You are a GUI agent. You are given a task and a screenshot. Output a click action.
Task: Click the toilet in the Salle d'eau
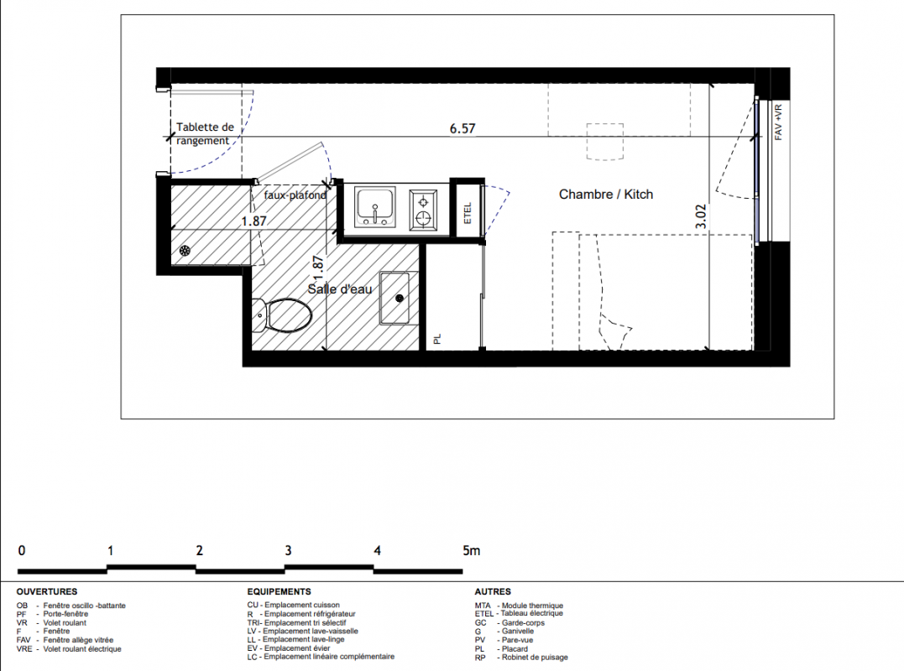click(x=282, y=315)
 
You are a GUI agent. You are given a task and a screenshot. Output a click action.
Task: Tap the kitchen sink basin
click(x=375, y=206)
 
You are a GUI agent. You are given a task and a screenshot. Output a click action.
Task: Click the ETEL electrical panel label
click(x=468, y=212)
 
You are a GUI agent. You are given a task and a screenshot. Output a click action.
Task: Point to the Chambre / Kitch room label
click(x=606, y=194)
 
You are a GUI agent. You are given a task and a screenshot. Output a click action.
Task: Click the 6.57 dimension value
click(x=462, y=128)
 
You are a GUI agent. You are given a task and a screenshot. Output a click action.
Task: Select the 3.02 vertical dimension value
click(x=701, y=216)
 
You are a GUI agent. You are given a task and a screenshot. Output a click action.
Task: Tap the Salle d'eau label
click(x=340, y=289)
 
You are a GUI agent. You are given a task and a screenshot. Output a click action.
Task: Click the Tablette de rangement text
click(x=205, y=133)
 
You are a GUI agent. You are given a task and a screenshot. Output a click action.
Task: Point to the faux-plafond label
click(x=295, y=195)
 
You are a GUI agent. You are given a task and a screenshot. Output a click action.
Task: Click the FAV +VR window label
click(x=778, y=122)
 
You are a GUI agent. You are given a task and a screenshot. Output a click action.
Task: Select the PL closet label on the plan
click(x=437, y=339)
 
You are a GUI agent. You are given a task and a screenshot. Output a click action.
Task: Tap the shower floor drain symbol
click(x=185, y=251)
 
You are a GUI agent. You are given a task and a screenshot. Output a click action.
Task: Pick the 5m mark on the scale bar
click(x=471, y=550)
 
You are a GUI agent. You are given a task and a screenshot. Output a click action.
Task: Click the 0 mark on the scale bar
click(x=22, y=550)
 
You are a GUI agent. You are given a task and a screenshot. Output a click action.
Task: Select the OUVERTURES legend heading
click(x=47, y=591)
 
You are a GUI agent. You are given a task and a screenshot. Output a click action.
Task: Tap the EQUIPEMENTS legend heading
click(x=279, y=591)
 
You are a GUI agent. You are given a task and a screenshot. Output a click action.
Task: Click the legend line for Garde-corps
click(x=509, y=622)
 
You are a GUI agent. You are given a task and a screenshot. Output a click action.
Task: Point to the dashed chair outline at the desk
click(x=605, y=142)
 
